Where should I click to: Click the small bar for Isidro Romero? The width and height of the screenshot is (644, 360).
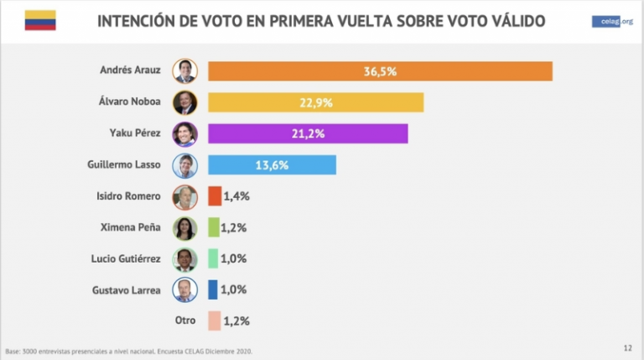coord(215,196)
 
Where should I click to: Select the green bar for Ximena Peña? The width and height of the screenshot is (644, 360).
coord(214,227)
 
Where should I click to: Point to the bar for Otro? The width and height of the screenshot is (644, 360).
coord(214,321)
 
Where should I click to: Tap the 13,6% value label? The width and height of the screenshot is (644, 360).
coord(272,165)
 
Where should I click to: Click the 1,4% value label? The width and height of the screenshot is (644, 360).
coord(236,196)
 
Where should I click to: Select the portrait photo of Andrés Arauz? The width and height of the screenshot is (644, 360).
coord(184,71)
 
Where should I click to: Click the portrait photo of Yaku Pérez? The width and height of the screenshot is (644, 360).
coord(184,134)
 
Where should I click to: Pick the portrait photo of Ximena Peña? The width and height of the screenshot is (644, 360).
coord(184,227)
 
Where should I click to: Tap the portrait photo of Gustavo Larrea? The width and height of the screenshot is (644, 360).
coord(184,290)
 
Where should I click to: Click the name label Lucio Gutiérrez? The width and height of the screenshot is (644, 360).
coord(127,258)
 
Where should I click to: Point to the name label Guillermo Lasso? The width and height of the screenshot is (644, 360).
coord(125,165)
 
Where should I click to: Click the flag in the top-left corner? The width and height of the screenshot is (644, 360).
coord(39,20)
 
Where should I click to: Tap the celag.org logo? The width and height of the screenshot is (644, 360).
coord(611,22)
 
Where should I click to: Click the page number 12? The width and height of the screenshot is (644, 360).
coord(627,348)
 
